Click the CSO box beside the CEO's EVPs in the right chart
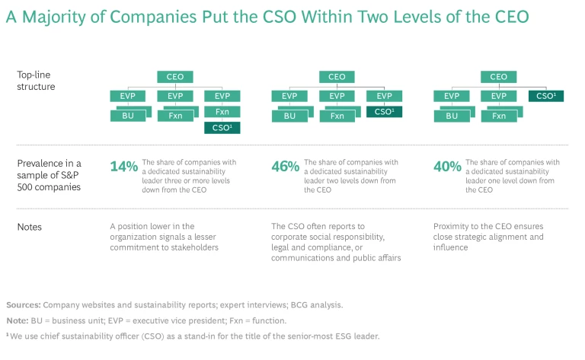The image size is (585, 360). (x=545, y=97)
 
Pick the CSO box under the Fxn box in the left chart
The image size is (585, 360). (x=222, y=128)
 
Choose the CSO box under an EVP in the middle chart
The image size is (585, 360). (x=383, y=112)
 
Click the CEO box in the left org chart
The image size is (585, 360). (x=174, y=77)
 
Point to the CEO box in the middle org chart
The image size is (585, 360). (x=336, y=77)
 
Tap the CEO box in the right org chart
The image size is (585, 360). (x=498, y=77)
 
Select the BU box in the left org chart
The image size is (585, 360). (x=128, y=116)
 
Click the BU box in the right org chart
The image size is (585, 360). (x=452, y=116)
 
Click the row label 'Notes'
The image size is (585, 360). (x=30, y=227)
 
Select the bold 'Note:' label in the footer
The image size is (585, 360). (x=18, y=320)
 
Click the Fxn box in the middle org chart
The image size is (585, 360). (x=336, y=116)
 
